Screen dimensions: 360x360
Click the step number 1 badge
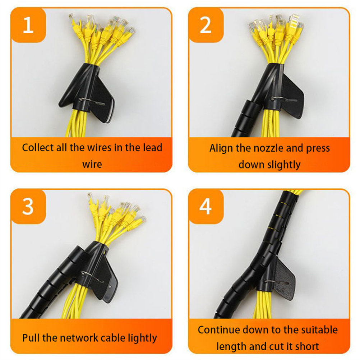28,25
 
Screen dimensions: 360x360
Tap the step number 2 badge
206,25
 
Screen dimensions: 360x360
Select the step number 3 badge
28,207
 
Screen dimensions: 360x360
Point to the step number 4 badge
206,207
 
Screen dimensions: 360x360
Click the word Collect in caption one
38,147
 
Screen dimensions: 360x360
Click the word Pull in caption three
31,338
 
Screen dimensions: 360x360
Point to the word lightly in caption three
142,338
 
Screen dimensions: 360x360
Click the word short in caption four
307,346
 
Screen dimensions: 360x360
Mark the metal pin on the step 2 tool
283,100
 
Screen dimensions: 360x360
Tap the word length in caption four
231,346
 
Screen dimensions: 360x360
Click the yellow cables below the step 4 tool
262,305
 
